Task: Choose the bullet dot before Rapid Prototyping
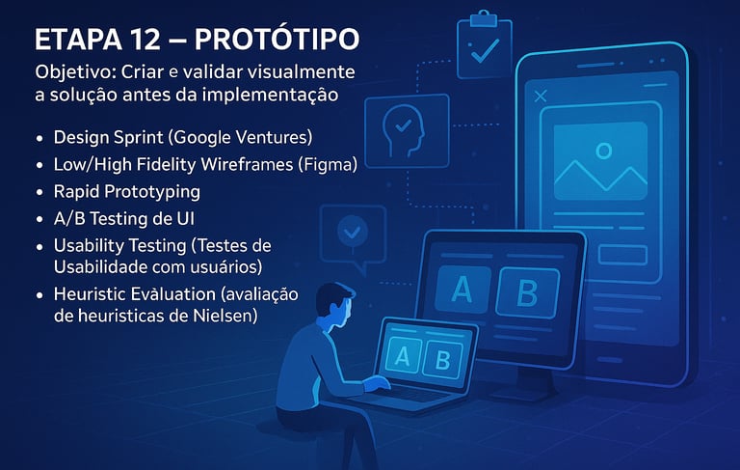(x=40, y=192)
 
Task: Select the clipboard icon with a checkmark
(x=485, y=44)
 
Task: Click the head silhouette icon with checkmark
(x=407, y=131)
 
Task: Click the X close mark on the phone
(x=541, y=96)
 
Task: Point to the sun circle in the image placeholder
(x=603, y=151)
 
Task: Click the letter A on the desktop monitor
(x=462, y=290)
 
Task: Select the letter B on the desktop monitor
(x=527, y=293)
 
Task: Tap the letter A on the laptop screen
(x=402, y=356)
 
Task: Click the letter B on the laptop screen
(x=442, y=361)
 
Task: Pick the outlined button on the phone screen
(x=622, y=255)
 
